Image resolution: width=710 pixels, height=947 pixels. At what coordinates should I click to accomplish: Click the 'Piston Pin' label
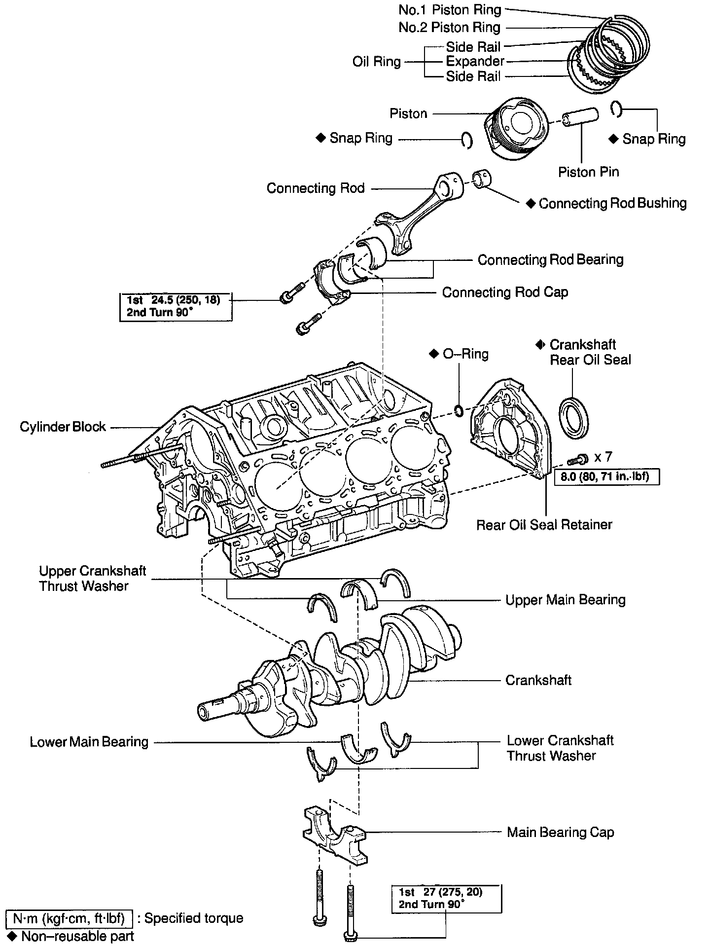(588, 172)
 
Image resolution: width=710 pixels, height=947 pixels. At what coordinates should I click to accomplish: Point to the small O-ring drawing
(458, 410)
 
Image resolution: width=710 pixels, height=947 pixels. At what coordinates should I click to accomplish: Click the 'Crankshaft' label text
(538, 680)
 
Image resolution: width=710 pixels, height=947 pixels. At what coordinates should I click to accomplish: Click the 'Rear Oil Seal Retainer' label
(544, 524)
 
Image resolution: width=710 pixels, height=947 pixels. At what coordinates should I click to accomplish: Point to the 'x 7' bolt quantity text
(603, 457)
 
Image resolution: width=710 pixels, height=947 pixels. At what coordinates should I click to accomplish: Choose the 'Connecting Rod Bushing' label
(612, 203)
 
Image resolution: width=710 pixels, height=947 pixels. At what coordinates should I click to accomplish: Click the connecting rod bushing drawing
(482, 179)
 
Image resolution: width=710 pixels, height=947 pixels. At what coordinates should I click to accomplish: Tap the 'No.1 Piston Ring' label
(450, 10)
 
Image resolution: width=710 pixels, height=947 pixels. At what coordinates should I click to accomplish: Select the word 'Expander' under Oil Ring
(475, 61)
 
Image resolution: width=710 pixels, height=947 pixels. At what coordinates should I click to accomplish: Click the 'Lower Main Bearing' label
(89, 742)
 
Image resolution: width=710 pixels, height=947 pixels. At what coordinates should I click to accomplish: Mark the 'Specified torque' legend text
(194, 918)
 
